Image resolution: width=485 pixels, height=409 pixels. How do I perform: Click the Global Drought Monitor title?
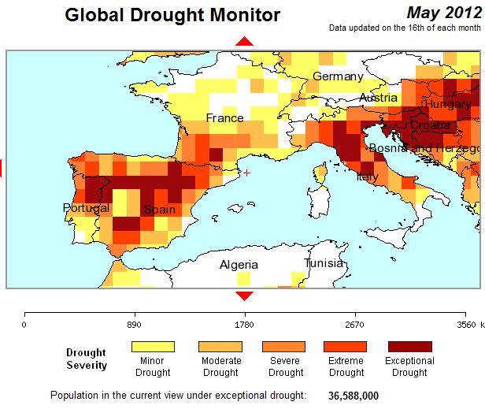[x=172, y=14]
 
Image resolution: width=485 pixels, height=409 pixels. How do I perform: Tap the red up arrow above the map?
[x=245, y=41]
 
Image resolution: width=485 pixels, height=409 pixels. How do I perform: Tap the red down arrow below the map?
[x=245, y=296]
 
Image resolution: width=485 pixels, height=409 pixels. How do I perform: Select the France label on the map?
[x=224, y=118]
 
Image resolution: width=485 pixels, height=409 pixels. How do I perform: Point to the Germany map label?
[x=338, y=76]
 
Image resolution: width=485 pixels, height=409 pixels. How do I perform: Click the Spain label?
[x=159, y=210]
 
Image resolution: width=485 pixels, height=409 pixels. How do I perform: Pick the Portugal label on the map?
[x=87, y=208]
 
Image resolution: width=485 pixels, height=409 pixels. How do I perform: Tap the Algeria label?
[x=239, y=265]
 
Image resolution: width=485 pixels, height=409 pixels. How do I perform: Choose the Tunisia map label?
[x=324, y=263]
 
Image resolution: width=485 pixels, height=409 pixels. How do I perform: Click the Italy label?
[x=367, y=177]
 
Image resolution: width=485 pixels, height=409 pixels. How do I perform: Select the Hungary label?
[x=448, y=104]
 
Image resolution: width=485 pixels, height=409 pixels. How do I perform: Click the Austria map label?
[x=378, y=98]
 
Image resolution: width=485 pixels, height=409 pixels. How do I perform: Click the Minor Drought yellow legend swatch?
[x=153, y=346]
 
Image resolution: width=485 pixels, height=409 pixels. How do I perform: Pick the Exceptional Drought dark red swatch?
[x=409, y=346]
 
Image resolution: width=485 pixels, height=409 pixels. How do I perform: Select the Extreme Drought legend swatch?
[x=345, y=346]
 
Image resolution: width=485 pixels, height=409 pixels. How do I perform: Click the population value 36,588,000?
[x=354, y=395]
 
